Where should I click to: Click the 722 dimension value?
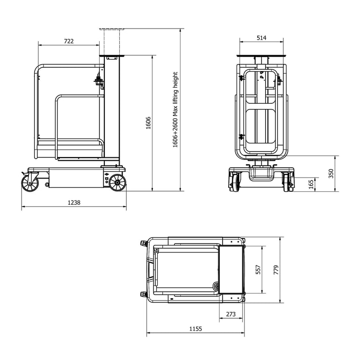click(x=68, y=41)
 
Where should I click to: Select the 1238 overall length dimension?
click(x=74, y=202)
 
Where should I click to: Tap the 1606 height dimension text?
click(x=148, y=123)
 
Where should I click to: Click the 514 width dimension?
click(x=261, y=38)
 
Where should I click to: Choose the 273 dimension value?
click(x=231, y=314)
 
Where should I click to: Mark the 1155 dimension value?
click(x=195, y=329)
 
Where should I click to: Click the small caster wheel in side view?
click(x=30, y=182)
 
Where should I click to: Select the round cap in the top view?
click(x=216, y=286)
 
